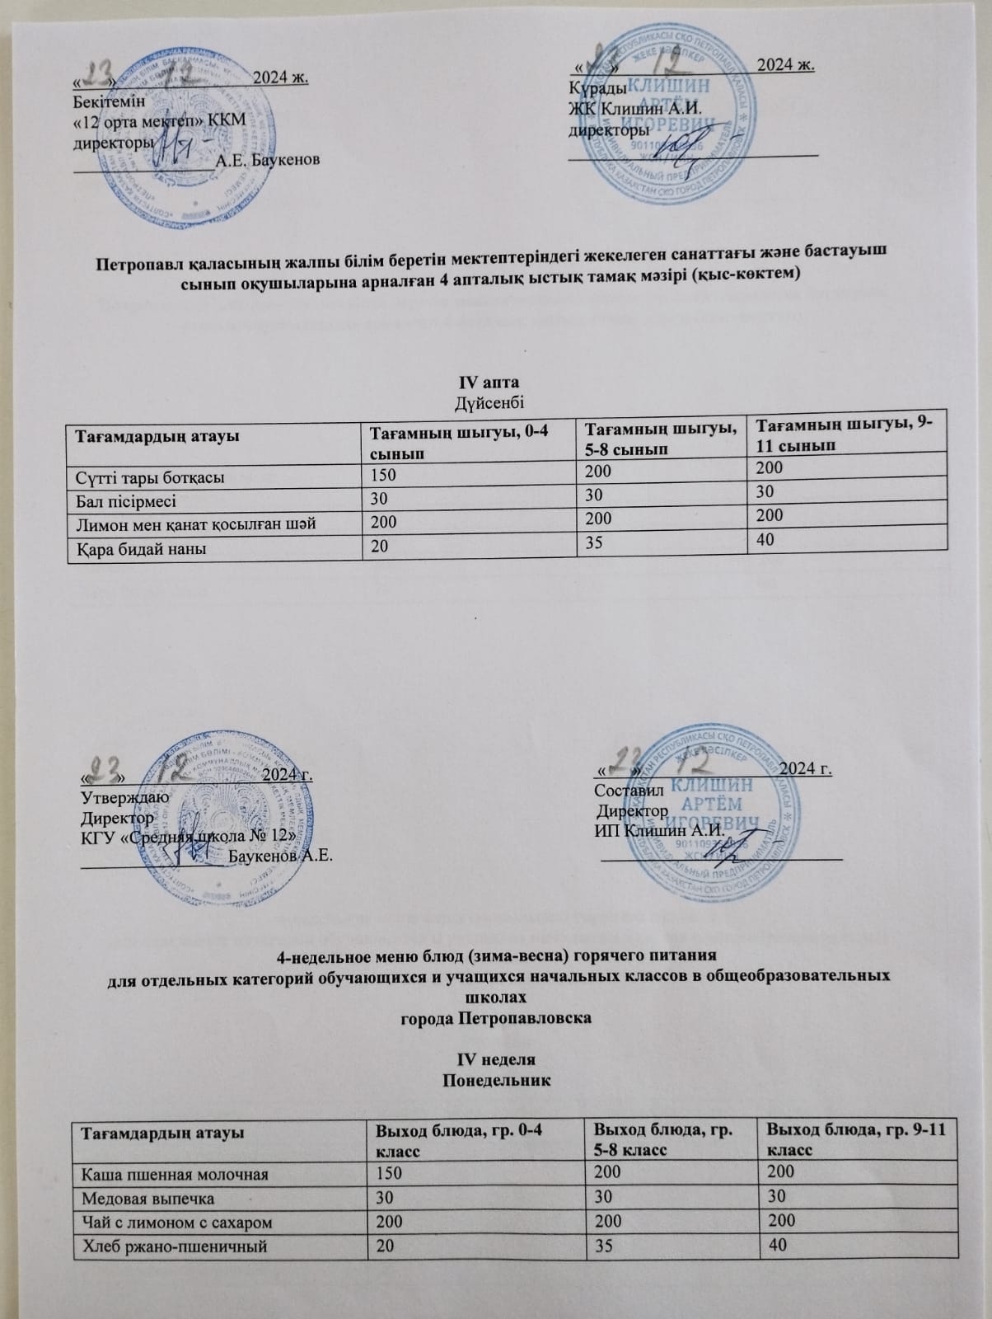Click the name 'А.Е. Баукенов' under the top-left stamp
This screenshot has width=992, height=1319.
267,159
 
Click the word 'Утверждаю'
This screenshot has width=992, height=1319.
124,796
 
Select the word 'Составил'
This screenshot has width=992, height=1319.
623,790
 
